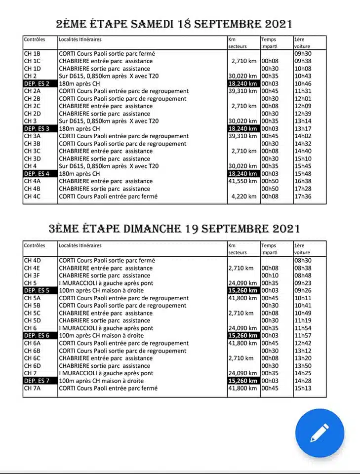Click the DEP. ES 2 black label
(x=37, y=83)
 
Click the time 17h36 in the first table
(x=302, y=197)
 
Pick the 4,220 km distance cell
(x=244, y=197)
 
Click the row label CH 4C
(x=32, y=197)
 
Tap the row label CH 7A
(x=32, y=388)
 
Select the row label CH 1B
(x=32, y=53)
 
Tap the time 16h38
(x=302, y=181)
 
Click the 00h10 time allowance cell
(x=270, y=276)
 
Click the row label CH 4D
(x=33, y=260)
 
